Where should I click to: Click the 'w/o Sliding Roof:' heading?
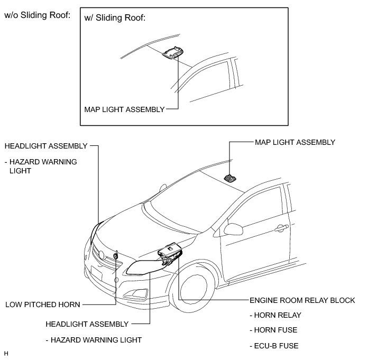(x=37, y=15)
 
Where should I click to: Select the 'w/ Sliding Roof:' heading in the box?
(x=115, y=18)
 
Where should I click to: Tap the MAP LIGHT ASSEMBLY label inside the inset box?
(x=124, y=109)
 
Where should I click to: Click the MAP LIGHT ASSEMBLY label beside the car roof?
(x=295, y=142)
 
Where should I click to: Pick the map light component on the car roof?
(x=231, y=179)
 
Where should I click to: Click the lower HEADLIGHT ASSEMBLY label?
(x=87, y=324)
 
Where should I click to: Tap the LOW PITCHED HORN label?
(x=42, y=304)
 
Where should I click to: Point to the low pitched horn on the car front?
(x=116, y=256)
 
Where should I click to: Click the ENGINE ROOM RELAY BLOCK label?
(x=302, y=300)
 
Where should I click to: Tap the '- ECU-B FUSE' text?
(x=274, y=346)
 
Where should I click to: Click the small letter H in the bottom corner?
(x=6, y=353)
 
